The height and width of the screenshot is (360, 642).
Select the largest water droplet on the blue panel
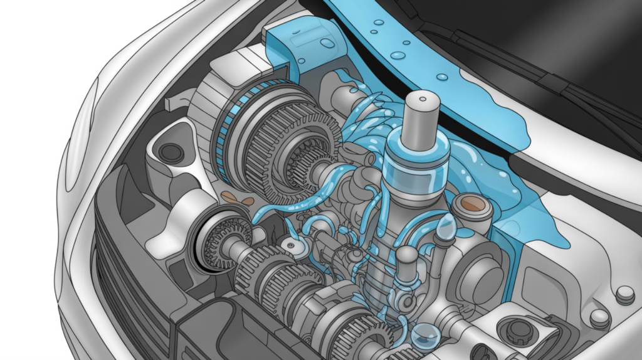pos(397,55)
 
